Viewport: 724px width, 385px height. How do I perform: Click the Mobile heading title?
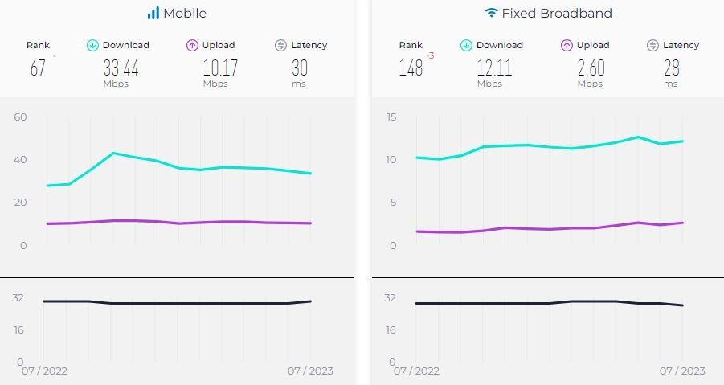(x=184, y=14)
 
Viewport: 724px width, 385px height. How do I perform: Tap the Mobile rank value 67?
(x=38, y=68)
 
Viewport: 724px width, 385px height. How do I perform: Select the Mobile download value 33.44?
(x=121, y=68)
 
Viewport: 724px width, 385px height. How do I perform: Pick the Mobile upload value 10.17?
(x=220, y=68)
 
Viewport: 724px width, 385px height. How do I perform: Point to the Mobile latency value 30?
(x=300, y=68)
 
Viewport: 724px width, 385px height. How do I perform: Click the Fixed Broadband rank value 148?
(x=411, y=68)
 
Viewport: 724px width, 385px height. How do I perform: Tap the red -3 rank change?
(x=430, y=56)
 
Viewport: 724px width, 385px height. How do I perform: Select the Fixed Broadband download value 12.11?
(x=494, y=68)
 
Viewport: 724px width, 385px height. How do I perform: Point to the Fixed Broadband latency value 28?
(x=671, y=68)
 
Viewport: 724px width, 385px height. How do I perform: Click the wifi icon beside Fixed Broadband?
(x=491, y=14)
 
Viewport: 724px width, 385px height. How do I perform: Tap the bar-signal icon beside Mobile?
(x=153, y=14)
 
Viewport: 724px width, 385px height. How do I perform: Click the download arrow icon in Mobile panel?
(x=92, y=46)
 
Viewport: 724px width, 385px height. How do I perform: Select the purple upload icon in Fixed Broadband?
(x=567, y=46)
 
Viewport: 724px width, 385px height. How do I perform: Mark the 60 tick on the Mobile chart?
(x=20, y=117)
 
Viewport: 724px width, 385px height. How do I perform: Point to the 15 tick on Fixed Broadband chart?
(x=391, y=117)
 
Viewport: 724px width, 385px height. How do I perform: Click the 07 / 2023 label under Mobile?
(x=310, y=371)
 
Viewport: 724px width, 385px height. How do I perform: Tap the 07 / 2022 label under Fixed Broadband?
(x=416, y=371)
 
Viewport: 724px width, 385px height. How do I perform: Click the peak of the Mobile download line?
(x=113, y=153)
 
